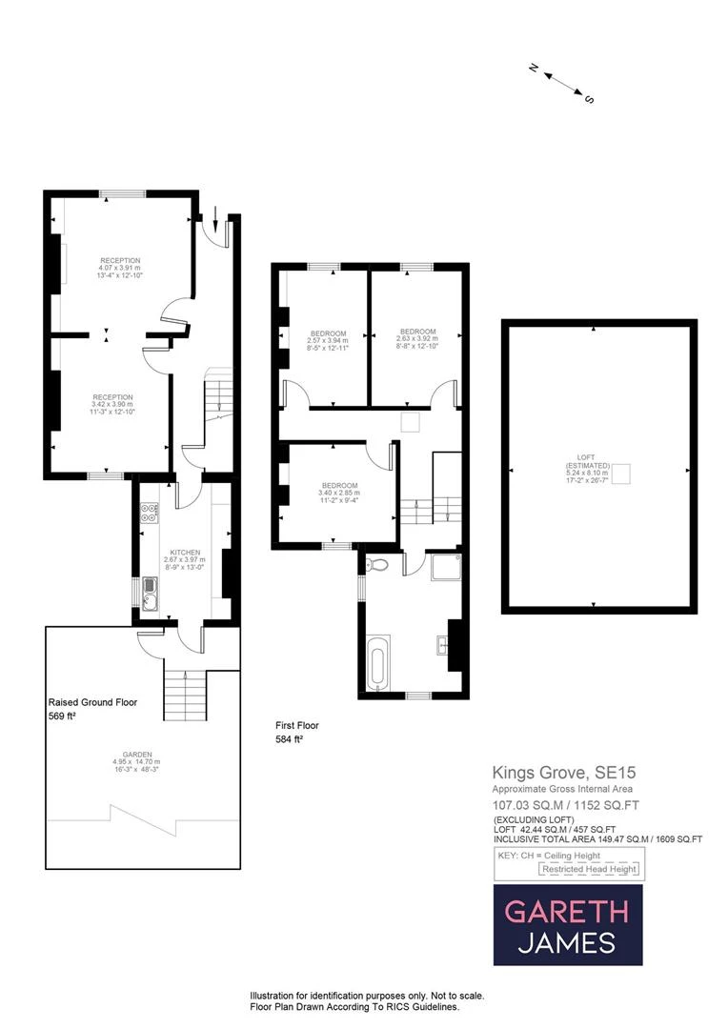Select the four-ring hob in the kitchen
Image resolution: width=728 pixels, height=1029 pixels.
click(149, 514)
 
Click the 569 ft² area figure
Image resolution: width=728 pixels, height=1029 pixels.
click(62, 716)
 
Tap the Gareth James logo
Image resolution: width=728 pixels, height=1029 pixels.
click(567, 925)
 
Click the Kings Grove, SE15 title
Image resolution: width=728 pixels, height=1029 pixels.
click(551, 773)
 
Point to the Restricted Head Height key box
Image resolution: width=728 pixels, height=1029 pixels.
click(591, 869)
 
